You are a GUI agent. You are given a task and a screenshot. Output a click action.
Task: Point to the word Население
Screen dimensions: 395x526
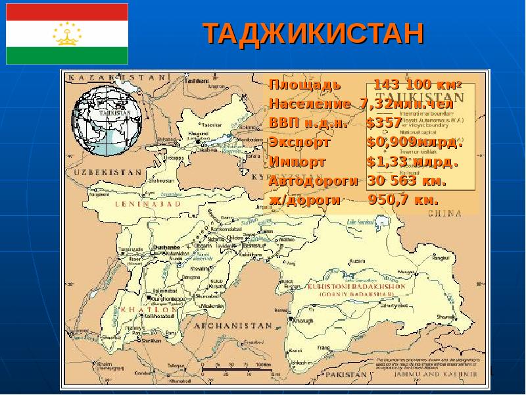pyautogui.click(x=310, y=104)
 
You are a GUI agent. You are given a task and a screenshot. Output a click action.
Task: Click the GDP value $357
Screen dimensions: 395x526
pyautogui.click(x=385, y=123)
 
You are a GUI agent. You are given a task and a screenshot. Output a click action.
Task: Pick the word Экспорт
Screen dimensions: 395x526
pyautogui.click(x=300, y=142)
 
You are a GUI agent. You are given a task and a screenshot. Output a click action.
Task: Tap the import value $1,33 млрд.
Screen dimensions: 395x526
pyautogui.click(x=412, y=161)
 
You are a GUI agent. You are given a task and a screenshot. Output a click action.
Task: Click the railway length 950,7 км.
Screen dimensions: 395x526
pyautogui.click(x=403, y=199)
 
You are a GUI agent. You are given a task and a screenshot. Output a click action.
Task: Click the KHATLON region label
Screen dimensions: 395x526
pyautogui.click(x=149, y=309)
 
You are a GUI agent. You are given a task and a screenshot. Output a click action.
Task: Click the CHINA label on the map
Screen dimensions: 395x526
pyautogui.click(x=442, y=213)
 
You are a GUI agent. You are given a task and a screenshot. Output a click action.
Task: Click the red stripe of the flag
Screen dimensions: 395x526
pyautogui.click(x=67, y=12)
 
